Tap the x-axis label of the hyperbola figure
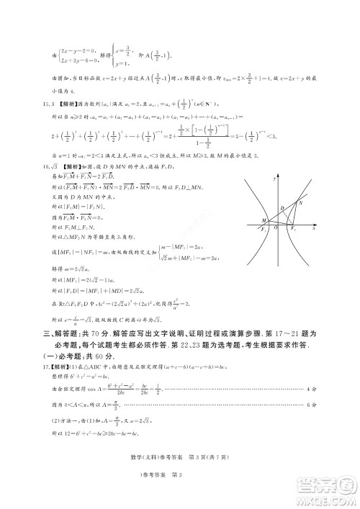point(314,228)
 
